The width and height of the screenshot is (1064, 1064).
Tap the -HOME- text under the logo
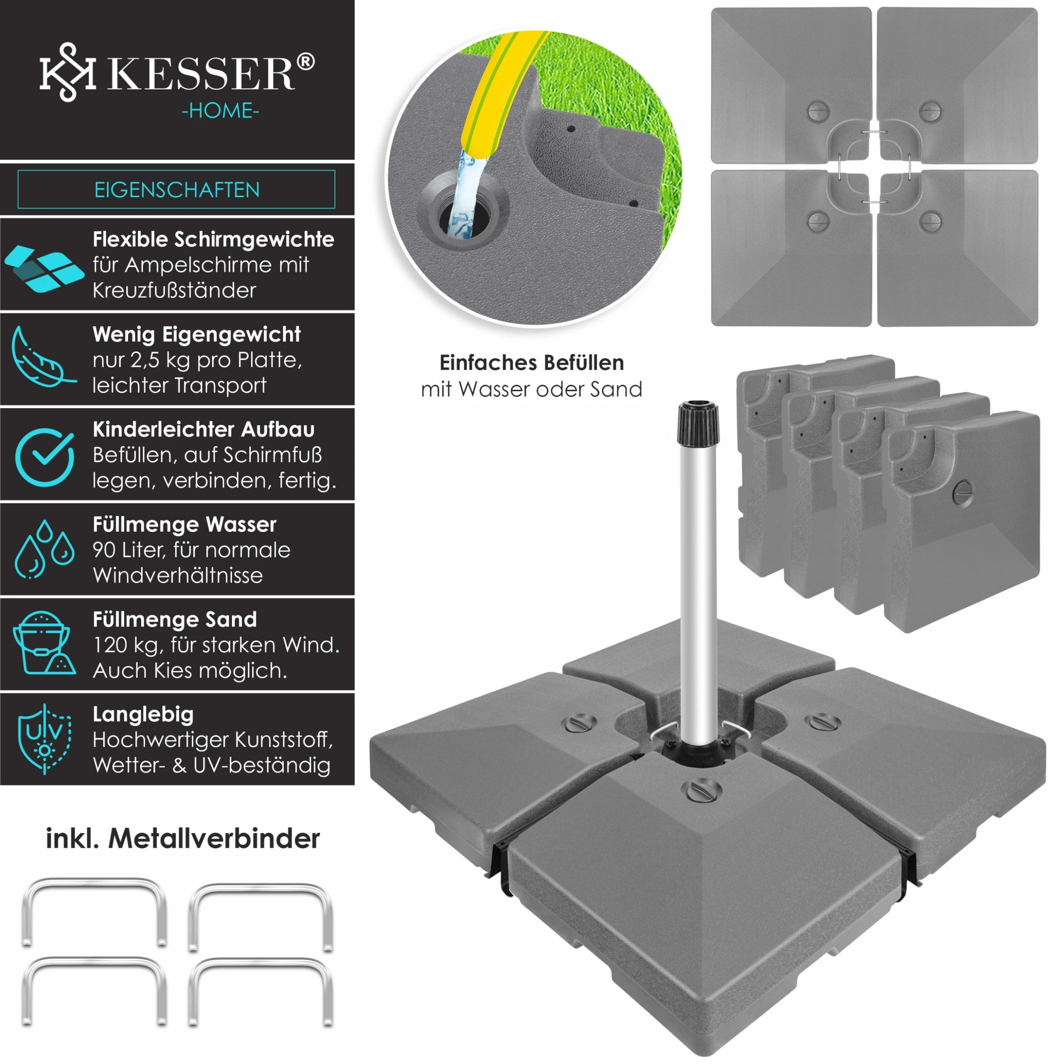coord(220,111)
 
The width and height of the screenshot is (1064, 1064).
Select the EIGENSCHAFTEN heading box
coord(176,189)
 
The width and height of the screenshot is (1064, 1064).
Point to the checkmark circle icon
coord(45,456)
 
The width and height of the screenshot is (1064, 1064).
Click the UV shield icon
coord(44,739)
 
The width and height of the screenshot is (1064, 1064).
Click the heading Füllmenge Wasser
coord(184,525)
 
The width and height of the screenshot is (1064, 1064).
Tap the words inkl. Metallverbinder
coord(182,839)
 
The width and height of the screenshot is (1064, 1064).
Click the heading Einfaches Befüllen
coord(532,363)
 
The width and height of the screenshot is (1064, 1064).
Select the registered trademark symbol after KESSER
coord(306,62)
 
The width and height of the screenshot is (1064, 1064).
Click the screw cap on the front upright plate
coord(963,492)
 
